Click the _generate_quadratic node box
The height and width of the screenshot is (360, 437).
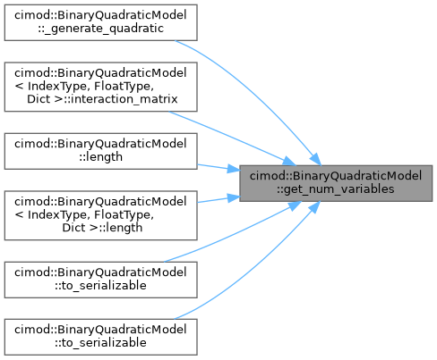(x=100, y=22)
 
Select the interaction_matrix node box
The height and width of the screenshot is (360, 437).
(x=100, y=87)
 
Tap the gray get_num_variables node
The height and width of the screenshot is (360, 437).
(x=336, y=183)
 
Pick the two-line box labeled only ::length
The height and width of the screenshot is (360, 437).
(x=100, y=151)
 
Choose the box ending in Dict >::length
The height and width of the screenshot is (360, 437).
(x=100, y=215)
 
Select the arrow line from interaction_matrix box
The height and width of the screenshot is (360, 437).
(x=231, y=138)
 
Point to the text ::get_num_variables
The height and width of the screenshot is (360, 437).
(x=335, y=189)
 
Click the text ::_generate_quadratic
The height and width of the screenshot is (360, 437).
(x=100, y=29)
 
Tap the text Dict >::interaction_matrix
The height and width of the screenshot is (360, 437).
(x=102, y=99)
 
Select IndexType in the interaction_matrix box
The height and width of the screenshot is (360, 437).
(x=59, y=86)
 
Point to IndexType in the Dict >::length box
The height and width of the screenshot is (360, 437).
(x=59, y=214)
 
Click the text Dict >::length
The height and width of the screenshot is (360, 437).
(x=102, y=228)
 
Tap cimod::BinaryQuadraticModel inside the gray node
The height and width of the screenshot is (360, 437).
(x=336, y=176)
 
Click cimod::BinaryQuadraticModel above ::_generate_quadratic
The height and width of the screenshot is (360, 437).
(x=100, y=15)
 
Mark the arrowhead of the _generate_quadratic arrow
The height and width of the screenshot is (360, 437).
(x=315, y=159)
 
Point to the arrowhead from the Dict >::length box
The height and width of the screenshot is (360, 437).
(x=234, y=198)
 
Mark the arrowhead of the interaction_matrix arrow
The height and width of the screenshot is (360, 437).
(x=289, y=161)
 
